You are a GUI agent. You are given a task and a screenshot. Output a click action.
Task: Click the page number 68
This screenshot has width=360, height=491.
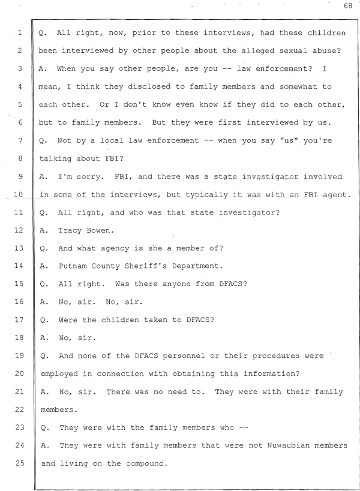tap(348, 6)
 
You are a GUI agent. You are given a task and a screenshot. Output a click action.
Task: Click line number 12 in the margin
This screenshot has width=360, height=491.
tap(19, 230)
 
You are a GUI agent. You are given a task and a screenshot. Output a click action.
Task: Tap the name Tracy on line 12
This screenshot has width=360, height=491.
tap(70, 231)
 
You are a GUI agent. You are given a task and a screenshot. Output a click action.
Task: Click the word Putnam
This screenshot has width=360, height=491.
tap(73, 266)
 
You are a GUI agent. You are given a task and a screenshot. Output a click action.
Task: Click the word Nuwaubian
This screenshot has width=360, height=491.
tap(288, 445)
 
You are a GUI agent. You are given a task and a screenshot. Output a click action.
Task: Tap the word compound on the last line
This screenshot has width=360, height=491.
tap(145, 464)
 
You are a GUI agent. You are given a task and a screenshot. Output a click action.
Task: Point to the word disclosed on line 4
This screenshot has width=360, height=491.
tap(149, 86)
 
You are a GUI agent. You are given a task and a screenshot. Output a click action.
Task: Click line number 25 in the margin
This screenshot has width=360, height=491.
tap(19, 463)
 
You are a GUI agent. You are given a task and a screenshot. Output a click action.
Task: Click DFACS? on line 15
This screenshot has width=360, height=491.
tap(233, 284)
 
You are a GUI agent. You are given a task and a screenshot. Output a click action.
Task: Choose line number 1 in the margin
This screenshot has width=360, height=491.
tap(20, 32)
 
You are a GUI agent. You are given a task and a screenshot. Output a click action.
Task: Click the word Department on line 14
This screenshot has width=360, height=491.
tap(197, 266)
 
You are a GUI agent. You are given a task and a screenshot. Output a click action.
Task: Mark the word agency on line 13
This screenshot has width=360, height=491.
tap(115, 249)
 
